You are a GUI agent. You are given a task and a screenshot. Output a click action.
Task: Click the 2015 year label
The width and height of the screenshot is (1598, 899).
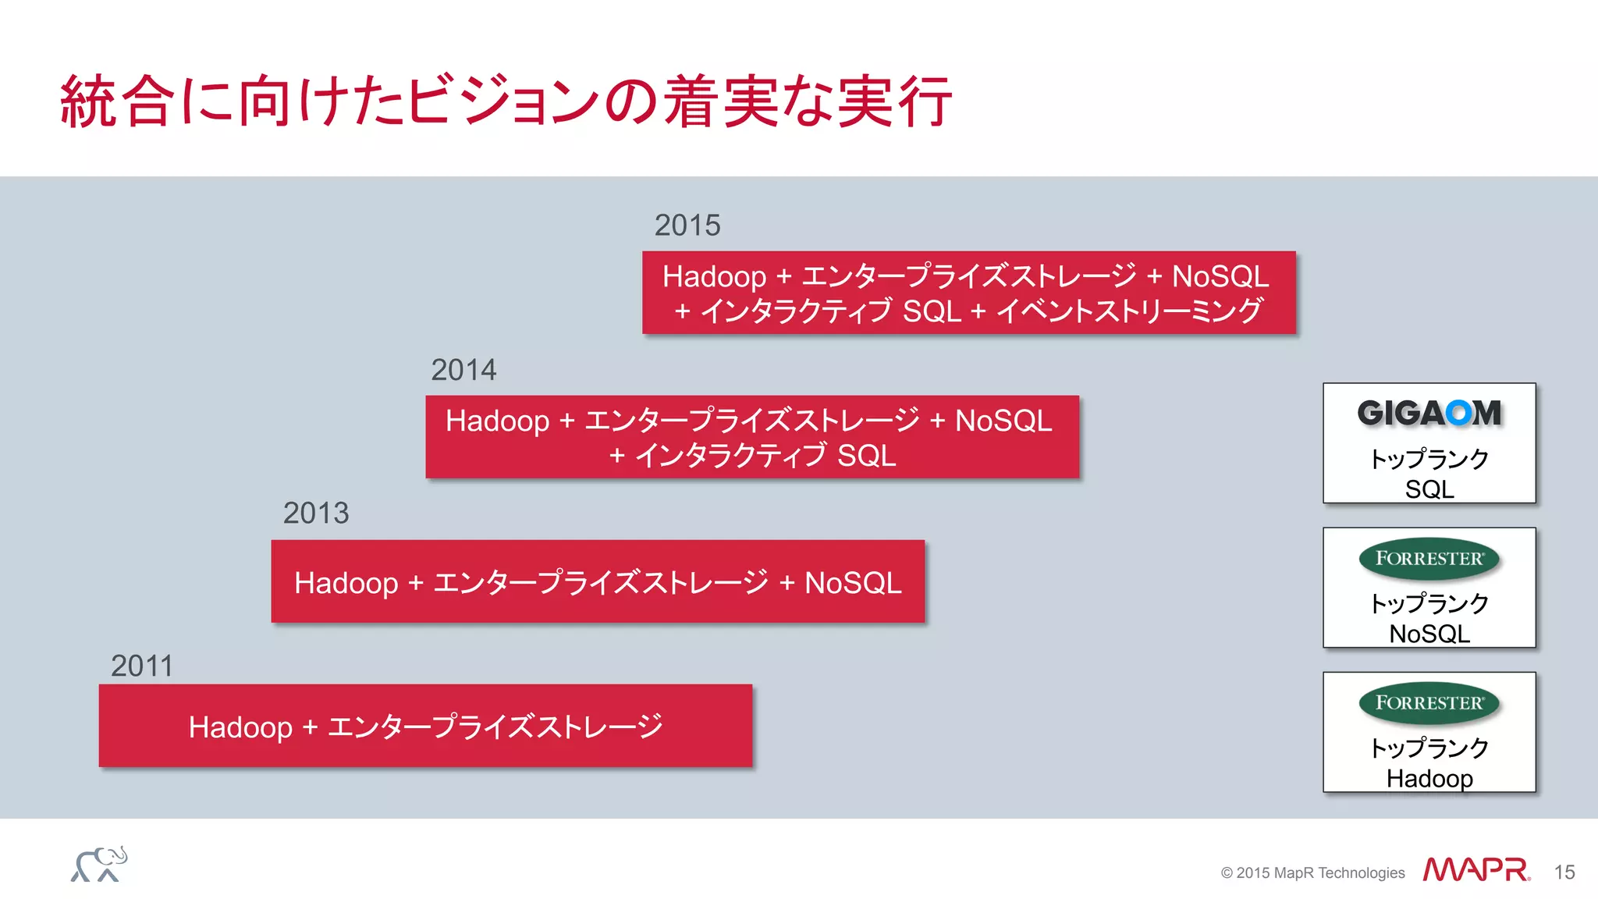click(687, 226)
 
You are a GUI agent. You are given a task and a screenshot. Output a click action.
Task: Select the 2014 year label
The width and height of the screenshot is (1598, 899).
click(463, 370)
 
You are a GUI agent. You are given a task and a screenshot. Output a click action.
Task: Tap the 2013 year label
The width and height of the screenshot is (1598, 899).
click(315, 513)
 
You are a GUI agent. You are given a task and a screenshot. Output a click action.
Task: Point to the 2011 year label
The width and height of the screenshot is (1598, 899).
click(141, 666)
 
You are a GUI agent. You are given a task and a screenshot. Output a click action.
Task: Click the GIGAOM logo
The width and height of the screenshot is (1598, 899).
click(1429, 413)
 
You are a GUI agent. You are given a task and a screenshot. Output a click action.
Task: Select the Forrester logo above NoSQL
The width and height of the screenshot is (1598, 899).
click(1429, 559)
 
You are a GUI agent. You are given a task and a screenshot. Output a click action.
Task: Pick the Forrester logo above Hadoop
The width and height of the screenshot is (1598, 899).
click(1429, 703)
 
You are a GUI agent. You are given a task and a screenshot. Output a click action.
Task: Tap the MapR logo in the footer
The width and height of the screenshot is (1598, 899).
click(1475, 869)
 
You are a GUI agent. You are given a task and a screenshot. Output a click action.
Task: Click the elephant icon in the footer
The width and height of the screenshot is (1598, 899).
click(99, 865)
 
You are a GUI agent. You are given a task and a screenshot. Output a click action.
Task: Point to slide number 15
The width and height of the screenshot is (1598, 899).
click(1564, 872)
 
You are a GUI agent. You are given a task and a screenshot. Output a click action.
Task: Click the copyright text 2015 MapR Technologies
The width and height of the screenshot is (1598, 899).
click(1312, 873)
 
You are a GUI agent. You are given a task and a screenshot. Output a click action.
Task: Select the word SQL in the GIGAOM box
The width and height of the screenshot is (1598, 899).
click(1429, 489)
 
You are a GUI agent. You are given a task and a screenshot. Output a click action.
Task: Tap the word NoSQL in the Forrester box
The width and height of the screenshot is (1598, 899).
click(1429, 634)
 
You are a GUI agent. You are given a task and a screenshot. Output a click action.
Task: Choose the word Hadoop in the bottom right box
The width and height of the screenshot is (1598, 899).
click(1429, 779)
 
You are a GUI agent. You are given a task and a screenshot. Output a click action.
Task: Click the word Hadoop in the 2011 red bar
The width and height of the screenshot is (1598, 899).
click(240, 727)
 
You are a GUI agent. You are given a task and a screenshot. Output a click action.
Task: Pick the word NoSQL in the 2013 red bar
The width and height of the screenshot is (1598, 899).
click(853, 583)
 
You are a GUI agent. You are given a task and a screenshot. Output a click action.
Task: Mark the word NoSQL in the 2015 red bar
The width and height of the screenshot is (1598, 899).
click(1220, 276)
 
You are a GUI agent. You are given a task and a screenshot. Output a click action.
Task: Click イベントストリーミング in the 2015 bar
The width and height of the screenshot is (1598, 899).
click(1129, 311)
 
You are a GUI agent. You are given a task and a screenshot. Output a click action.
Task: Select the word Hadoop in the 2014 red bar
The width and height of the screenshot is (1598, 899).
click(497, 421)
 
